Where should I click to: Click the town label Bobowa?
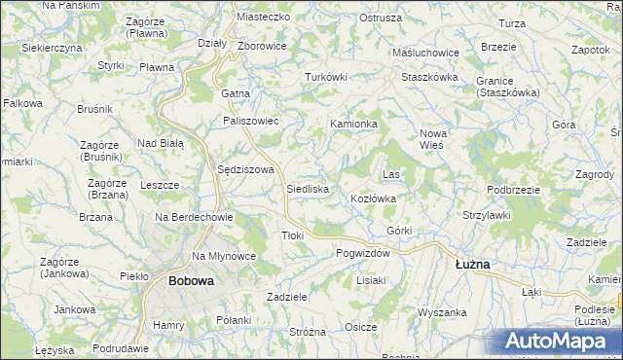coord(190,280)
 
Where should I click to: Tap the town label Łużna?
coord(473,264)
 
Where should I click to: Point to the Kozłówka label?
coord(373,198)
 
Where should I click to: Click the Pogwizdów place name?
coord(362,252)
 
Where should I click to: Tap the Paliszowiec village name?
coord(251,121)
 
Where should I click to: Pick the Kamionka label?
coord(353,125)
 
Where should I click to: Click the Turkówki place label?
coord(326,77)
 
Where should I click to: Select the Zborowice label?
coord(261,46)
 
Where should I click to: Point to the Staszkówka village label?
coord(429,75)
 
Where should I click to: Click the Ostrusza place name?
coord(381,18)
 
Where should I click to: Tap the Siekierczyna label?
coord(52,47)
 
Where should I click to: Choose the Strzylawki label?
coord(487,215)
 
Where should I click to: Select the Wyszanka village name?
coord(443,312)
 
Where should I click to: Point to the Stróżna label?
coord(308,332)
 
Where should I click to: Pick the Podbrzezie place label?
coord(513,190)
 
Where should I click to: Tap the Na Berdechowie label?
coord(193,218)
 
